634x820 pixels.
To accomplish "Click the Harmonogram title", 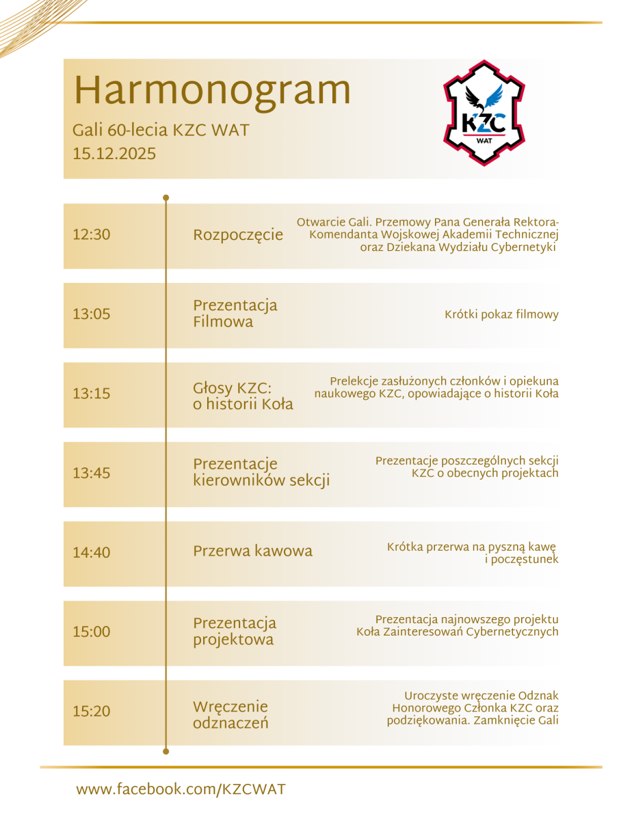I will [x=212, y=91].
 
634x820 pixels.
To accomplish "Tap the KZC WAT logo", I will [x=484, y=112].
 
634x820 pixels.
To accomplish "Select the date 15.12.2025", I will [x=114, y=154].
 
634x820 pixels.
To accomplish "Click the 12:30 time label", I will [x=91, y=234].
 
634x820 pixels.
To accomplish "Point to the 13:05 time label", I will [x=91, y=314].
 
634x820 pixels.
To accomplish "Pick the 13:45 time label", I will [x=91, y=473].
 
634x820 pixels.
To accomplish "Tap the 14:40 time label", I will [x=91, y=552].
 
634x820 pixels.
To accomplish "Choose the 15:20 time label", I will [x=91, y=711].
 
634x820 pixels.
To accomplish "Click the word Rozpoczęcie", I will [x=238, y=235].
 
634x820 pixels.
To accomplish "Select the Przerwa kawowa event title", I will [x=252, y=551].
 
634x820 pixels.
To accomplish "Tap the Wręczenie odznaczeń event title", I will [x=230, y=715].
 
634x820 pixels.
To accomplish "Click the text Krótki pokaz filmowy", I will [x=501, y=315].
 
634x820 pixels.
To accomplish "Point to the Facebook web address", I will [x=181, y=789].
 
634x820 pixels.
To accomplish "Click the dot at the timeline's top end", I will [x=166, y=198].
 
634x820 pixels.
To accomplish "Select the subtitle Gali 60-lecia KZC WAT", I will [x=161, y=130].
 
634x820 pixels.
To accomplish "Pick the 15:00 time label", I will [x=91, y=632].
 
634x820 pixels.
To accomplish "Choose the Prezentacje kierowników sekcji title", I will [x=261, y=472].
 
